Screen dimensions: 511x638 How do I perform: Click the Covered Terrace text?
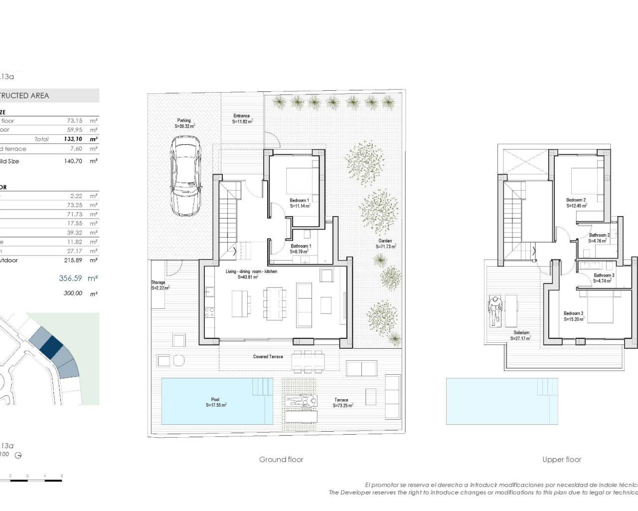[x=268, y=357]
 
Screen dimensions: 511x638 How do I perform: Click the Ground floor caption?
[x=281, y=460]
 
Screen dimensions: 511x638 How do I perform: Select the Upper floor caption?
[x=562, y=460]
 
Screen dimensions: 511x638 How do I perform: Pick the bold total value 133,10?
[x=73, y=139]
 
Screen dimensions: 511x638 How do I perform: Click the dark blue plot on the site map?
[x=50, y=345]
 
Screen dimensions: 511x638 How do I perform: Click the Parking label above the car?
[x=184, y=120]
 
